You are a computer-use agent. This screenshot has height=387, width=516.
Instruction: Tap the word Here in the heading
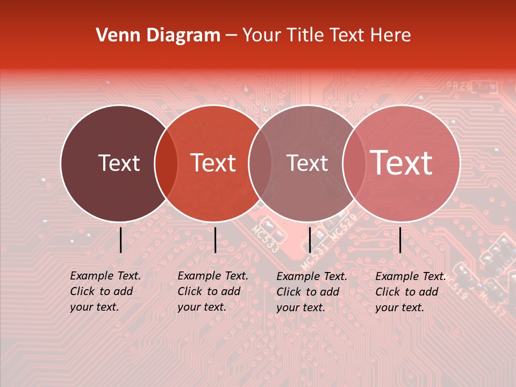coord(392,35)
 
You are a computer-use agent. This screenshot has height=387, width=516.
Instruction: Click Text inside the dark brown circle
coord(119,163)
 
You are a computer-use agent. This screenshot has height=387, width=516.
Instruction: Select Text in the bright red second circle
coord(213,163)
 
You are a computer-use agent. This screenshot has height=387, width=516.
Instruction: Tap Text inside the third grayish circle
coord(307,163)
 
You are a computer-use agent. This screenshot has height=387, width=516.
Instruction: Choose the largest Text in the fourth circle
coord(402,163)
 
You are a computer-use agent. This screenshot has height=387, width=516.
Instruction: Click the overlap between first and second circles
coord(166,163)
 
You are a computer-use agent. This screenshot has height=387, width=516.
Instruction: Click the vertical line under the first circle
coord(120,240)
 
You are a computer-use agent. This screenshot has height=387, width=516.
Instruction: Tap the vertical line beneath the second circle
coord(215,240)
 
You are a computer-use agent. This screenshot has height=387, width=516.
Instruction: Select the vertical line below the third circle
coord(310,240)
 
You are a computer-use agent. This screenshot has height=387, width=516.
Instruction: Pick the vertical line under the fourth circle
coord(400,240)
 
